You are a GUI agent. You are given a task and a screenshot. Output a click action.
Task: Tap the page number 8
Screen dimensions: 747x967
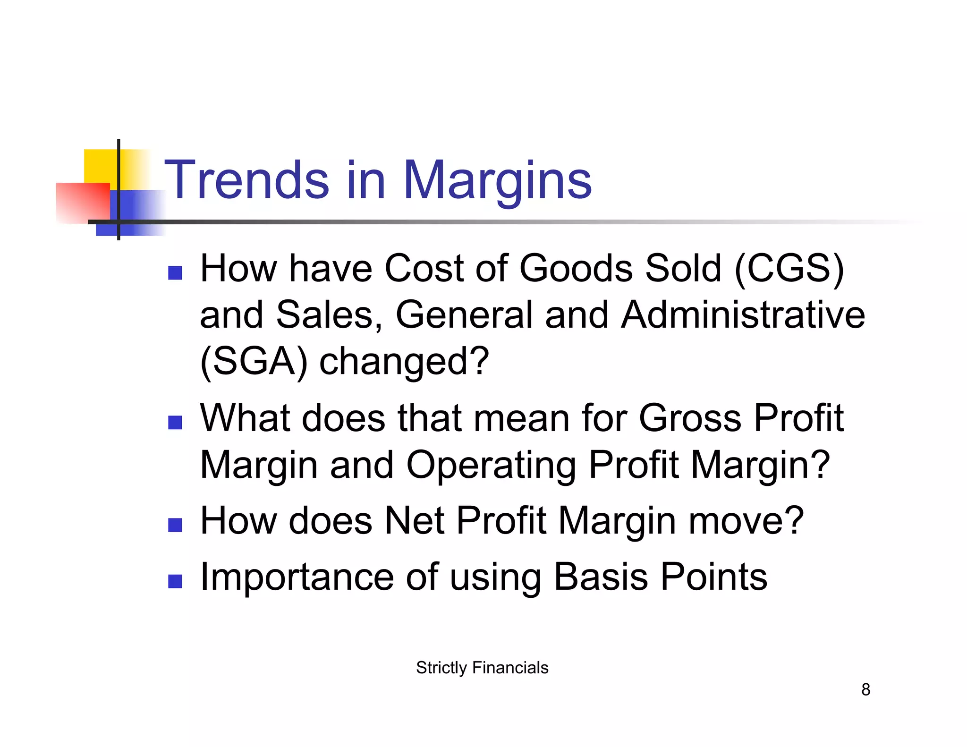pyautogui.click(x=865, y=689)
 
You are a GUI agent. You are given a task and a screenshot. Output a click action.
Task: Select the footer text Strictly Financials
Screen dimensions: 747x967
pyautogui.click(x=482, y=668)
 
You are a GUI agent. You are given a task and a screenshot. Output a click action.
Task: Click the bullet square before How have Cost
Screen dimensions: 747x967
pyautogui.click(x=175, y=273)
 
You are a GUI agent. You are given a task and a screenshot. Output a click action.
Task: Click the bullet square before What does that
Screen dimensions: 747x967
pyautogui.click(x=175, y=423)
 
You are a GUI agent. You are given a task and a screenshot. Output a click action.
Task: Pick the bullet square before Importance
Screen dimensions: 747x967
pyautogui.click(x=175, y=581)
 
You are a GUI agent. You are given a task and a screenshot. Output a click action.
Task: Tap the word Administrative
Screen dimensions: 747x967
pyautogui.click(x=743, y=315)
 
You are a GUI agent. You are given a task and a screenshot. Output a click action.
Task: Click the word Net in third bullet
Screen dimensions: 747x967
pyautogui.click(x=415, y=521)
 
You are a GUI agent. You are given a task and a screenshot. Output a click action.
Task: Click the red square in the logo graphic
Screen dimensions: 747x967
pyautogui.click(x=83, y=203)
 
